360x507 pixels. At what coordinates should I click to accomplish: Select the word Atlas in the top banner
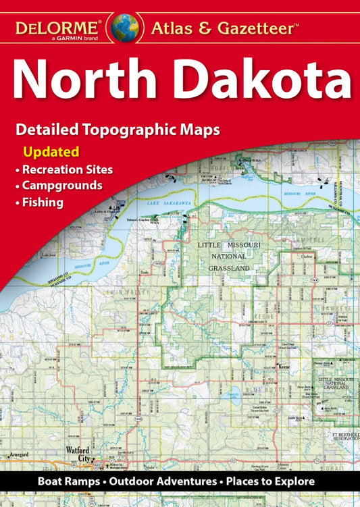(x=172, y=28)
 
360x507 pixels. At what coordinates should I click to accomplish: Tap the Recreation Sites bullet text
(x=68, y=168)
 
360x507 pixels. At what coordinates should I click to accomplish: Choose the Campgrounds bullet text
(x=62, y=184)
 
